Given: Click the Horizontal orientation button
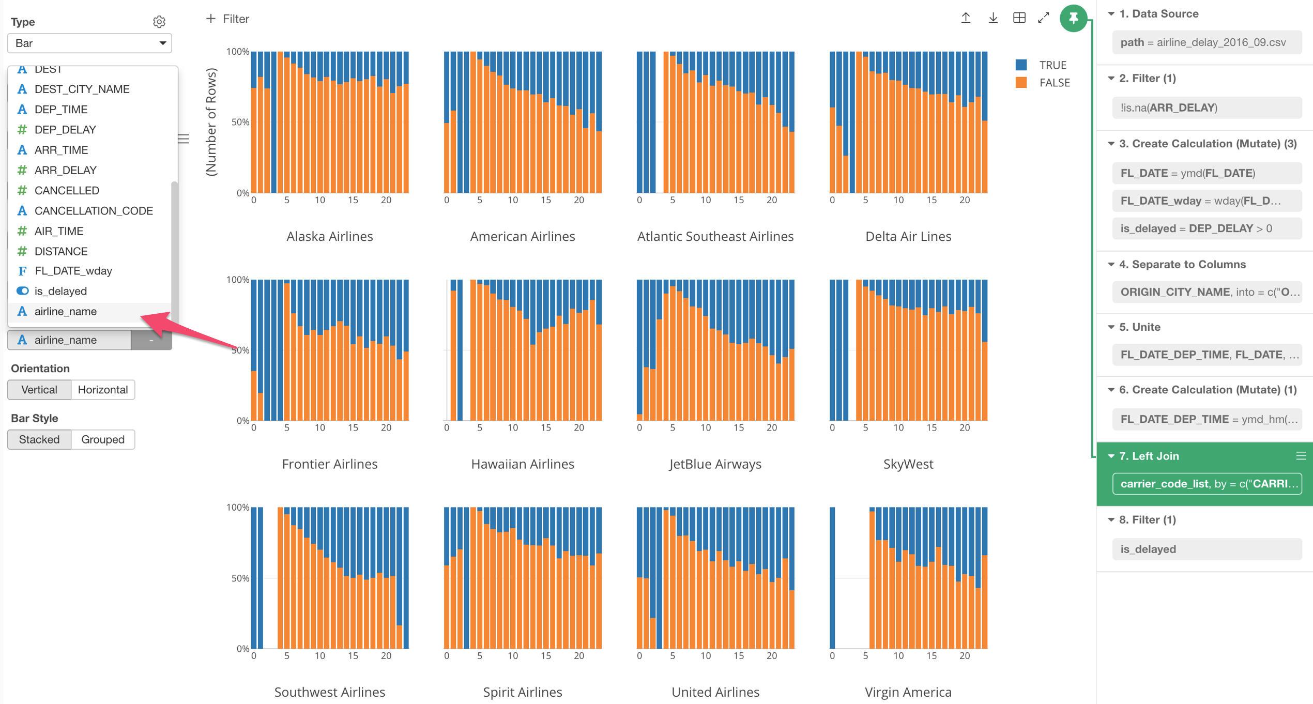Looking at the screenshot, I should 102,390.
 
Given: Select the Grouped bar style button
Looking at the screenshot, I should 102,439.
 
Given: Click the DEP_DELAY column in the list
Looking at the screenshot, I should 65,130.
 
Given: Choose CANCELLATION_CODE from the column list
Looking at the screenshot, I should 93,211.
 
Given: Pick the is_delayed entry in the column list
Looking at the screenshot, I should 60,291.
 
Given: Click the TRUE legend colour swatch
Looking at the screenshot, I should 1020,65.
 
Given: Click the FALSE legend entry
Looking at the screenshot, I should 1054,83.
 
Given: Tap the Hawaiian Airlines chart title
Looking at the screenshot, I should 522,464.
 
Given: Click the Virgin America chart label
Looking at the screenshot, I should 908,692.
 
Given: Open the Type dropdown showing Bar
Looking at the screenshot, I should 89,43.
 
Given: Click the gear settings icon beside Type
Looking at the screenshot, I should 159,22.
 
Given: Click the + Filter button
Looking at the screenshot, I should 227,19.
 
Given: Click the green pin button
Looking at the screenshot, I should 1073,19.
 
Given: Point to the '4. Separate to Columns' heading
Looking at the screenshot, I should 1182,265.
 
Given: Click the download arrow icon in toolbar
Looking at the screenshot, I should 993,18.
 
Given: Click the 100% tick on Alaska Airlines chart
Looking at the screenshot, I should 238,52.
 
